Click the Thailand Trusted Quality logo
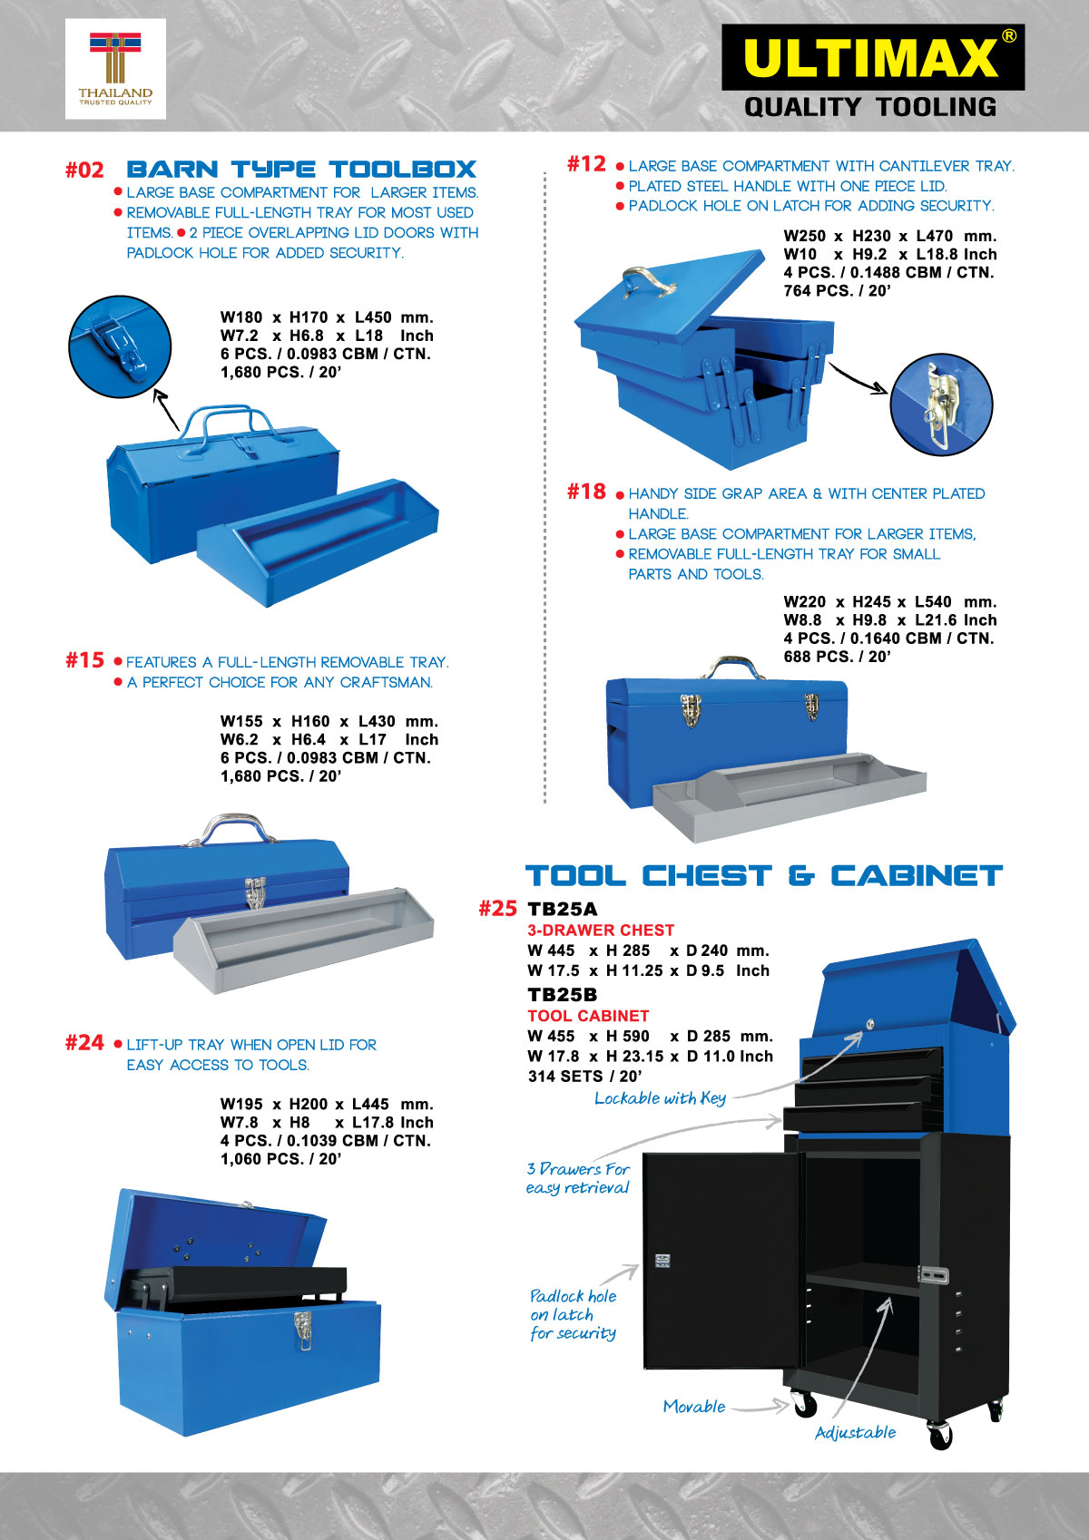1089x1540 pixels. pos(115,69)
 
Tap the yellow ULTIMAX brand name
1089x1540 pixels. pos(871,58)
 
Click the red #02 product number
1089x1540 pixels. pos(84,170)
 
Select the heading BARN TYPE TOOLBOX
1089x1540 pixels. pos(301,169)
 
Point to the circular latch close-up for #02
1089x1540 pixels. pos(120,346)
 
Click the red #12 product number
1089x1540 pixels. pos(587,163)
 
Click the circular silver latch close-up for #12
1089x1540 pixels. pos(941,404)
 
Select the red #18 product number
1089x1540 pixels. pos(587,492)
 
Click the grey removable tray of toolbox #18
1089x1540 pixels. pos(789,794)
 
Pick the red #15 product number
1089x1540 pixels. pos(84,660)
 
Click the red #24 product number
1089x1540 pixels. pos(84,1043)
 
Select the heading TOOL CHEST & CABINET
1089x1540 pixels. pos(763,876)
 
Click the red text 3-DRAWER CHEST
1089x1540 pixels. pos(601,931)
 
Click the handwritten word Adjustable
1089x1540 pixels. pos(856,1433)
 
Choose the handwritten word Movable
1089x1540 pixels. pos(694,1407)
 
